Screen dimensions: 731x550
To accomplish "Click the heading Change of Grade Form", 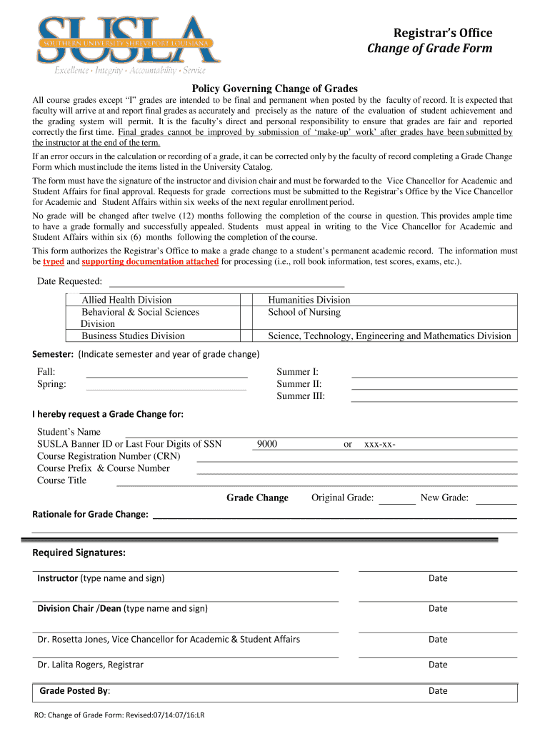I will tap(429, 49).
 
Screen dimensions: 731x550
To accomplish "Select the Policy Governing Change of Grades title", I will tap(275, 89).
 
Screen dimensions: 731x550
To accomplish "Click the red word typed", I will tap(54, 261).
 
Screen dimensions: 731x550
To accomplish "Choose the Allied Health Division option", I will tap(126, 300).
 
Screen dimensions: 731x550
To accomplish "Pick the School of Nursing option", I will tap(304, 312).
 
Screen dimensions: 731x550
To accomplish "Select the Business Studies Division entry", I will tap(133, 336).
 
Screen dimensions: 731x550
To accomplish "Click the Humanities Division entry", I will tap(309, 300).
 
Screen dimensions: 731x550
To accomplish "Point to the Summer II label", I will tap(299, 384).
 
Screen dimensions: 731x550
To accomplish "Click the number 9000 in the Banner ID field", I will tap(267, 444).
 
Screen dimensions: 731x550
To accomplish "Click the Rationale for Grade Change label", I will tap(91, 514).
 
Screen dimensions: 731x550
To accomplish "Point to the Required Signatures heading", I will tap(79, 553).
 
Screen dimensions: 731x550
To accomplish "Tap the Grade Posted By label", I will tap(74, 691).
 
